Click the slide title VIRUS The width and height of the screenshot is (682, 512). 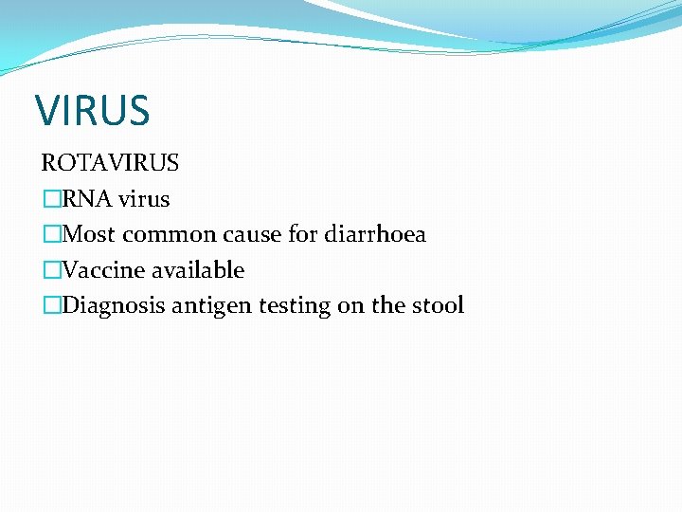click(93, 110)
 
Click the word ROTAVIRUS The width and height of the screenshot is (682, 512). click(110, 163)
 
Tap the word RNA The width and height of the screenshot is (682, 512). click(87, 199)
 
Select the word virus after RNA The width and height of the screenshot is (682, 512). click(144, 199)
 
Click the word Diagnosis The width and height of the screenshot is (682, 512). click(111, 305)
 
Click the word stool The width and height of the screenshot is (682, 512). click(437, 305)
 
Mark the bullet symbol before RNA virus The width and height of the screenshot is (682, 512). click(51, 199)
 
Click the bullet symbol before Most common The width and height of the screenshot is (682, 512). click(51, 234)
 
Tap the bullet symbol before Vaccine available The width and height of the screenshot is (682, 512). click(51, 270)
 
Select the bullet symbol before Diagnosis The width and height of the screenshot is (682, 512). click(51, 305)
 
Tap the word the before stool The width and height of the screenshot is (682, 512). click(386, 305)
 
